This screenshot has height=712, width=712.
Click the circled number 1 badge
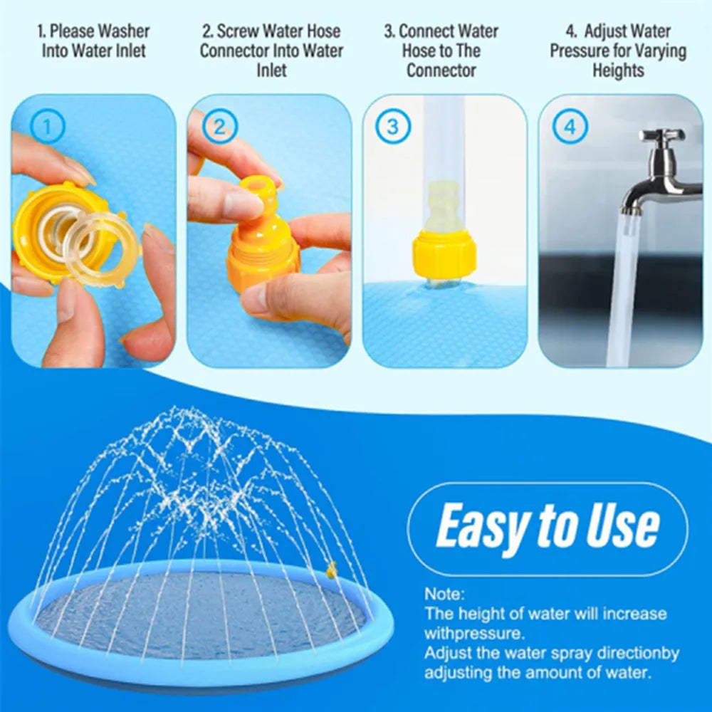(48, 128)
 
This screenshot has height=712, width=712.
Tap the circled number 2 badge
(220, 128)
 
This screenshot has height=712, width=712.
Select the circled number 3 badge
(393, 128)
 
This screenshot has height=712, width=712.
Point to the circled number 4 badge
(570, 128)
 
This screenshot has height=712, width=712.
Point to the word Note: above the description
(444, 594)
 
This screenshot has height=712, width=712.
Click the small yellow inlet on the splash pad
(331, 569)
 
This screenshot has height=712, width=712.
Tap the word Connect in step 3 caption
(425, 31)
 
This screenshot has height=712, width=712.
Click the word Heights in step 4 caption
(617, 70)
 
